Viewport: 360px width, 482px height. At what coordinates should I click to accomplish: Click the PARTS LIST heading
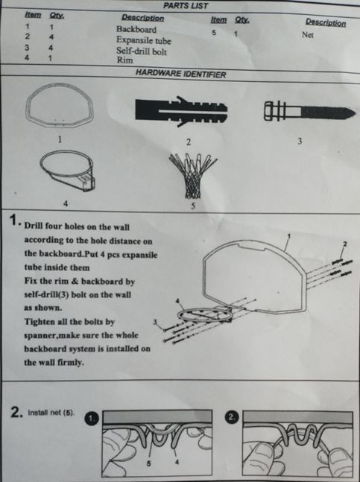[186, 5]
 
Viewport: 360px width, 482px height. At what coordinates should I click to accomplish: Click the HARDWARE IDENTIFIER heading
[181, 74]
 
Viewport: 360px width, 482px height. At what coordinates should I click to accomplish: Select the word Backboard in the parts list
[136, 29]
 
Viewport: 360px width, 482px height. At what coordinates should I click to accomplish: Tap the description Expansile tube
[143, 40]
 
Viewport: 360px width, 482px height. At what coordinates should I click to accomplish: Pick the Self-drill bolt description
[142, 51]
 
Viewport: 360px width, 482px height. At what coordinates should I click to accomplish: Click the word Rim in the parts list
[124, 60]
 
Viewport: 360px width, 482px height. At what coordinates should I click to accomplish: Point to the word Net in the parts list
[307, 35]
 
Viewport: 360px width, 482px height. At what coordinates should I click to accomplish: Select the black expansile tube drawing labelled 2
[181, 111]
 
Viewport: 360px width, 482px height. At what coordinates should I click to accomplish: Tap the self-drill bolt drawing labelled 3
[310, 111]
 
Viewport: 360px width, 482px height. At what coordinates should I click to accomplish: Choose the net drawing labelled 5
[192, 175]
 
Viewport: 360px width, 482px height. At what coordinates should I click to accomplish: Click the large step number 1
[14, 220]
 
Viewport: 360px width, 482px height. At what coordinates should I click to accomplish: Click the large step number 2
[16, 412]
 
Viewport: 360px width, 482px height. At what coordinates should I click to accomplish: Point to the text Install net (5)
[51, 413]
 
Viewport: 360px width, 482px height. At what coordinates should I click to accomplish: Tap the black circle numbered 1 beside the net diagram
[92, 419]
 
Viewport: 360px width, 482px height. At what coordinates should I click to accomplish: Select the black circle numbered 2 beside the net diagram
[232, 417]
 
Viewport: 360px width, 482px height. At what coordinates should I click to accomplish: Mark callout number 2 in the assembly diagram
[345, 244]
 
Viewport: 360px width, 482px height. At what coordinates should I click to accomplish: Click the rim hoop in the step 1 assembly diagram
[178, 315]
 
